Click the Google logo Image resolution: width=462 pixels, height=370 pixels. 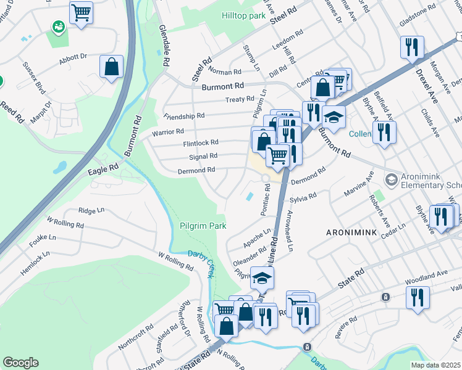point(20,363)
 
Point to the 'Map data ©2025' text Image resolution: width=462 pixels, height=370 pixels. point(435,365)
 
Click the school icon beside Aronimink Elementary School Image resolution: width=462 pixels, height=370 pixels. point(391,179)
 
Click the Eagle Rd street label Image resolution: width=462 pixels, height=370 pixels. point(103,167)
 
